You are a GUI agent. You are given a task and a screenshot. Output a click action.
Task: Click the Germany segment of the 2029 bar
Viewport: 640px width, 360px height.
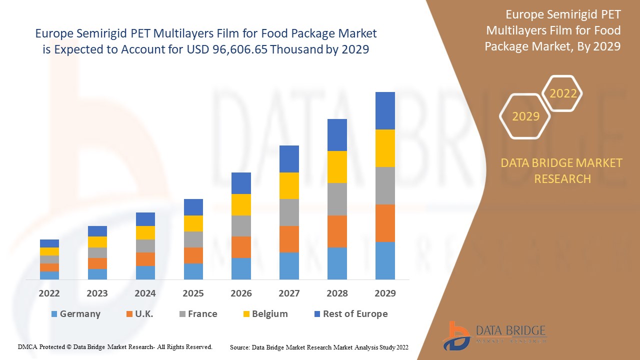tap(385, 260)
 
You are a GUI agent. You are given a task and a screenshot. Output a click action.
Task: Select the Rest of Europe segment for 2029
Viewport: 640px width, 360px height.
tap(385, 110)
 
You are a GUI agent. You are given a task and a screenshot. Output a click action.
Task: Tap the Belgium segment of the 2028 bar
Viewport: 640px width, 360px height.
tap(337, 166)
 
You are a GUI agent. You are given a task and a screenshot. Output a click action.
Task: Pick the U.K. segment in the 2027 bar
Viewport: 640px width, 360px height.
tap(289, 239)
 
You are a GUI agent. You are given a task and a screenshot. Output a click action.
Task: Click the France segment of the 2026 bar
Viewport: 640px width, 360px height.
tap(241, 226)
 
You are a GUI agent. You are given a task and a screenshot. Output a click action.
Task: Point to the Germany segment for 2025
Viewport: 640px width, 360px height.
tap(193, 271)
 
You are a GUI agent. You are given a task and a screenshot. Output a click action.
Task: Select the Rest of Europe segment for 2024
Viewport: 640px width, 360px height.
tap(145, 219)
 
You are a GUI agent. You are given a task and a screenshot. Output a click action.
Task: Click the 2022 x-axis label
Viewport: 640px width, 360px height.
tap(49, 293)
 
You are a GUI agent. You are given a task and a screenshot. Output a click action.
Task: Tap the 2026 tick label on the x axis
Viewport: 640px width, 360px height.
tap(241, 293)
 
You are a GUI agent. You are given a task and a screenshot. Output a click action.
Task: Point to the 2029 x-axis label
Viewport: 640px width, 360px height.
tap(385, 293)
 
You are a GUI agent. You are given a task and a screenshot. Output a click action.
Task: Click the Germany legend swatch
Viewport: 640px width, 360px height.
tap(54, 314)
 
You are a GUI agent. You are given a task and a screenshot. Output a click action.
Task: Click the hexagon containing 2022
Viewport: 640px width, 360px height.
tap(563, 93)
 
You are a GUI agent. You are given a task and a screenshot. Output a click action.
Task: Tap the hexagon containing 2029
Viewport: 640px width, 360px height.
tap(525, 116)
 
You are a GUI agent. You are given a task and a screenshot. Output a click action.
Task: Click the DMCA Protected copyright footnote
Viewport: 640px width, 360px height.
tap(115, 346)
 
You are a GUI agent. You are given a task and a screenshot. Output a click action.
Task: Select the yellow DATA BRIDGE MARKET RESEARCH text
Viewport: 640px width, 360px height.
tap(562, 170)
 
